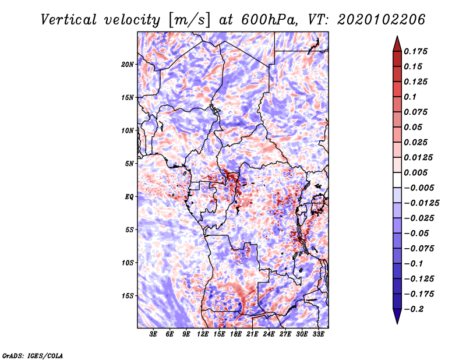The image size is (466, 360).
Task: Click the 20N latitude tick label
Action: (127, 65)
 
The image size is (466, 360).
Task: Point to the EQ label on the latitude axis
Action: (129, 197)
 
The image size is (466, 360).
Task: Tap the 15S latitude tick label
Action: (127, 296)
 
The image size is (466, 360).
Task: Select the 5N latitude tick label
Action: (129, 164)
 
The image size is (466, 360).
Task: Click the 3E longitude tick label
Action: (153, 334)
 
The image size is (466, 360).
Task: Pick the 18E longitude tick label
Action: (236, 334)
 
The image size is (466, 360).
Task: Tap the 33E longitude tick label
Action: (318, 334)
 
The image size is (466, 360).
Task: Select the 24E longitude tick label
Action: (269, 334)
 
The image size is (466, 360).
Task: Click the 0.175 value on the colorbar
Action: (415, 51)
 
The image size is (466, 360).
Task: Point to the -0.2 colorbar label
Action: (414, 309)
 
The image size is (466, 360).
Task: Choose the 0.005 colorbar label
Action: (415, 172)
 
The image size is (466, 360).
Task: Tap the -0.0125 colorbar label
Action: (421, 203)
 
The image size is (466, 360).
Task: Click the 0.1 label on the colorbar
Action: (410, 97)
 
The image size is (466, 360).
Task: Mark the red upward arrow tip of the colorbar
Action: (397, 36)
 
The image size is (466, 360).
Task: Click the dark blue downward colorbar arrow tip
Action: (397, 324)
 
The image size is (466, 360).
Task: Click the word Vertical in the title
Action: (69, 20)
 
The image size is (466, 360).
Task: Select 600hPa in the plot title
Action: (269, 20)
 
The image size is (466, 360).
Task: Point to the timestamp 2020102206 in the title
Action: (382, 20)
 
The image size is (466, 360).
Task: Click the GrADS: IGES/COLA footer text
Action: (33, 355)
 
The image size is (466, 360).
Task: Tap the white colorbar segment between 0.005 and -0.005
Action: (397, 180)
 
